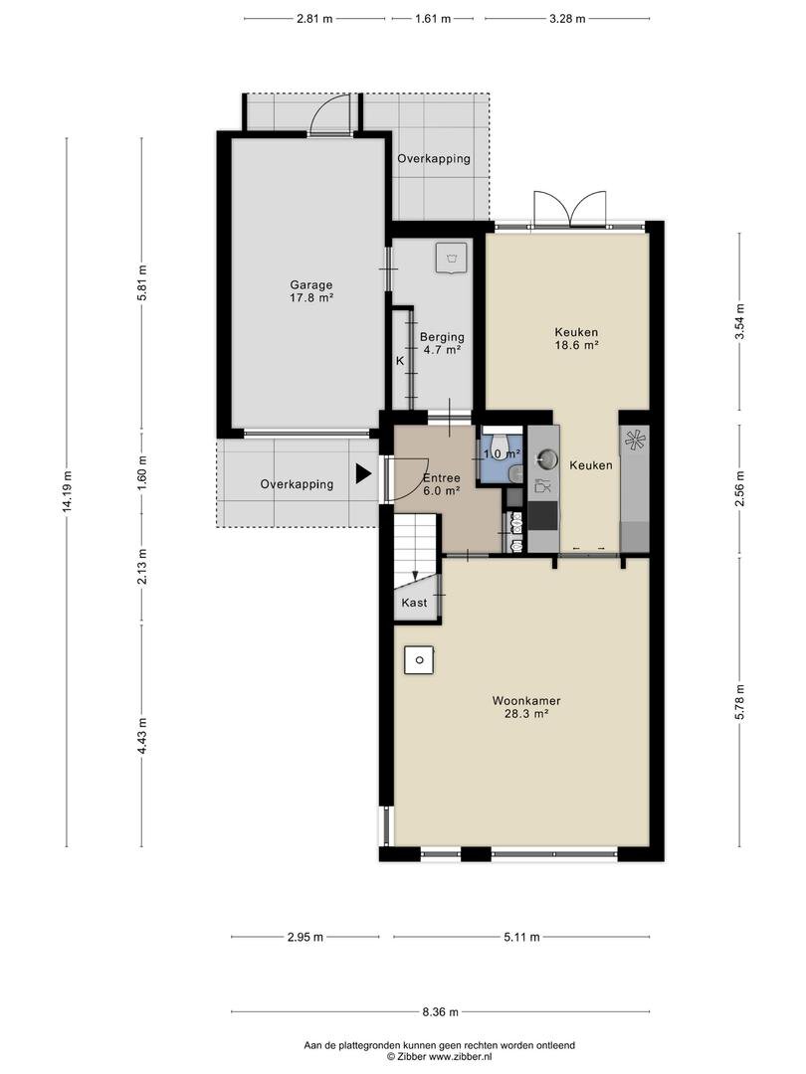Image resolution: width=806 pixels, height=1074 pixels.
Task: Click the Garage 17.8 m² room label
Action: pyautogui.click(x=311, y=291)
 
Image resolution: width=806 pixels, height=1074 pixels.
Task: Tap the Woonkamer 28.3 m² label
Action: pyautogui.click(x=526, y=707)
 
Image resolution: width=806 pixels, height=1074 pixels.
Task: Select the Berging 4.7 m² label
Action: pyautogui.click(x=442, y=343)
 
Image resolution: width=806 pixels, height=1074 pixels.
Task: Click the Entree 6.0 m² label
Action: pyautogui.click(x=442, y=484)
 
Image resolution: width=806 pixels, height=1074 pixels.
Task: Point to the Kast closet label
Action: pyautogui.click(x=414, y=603)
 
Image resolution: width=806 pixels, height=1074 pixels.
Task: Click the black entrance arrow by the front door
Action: pyautogui.click(x=363, y=473)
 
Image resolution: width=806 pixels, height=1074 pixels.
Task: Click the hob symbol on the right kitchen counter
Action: pyautogui.click(x=635, y=440)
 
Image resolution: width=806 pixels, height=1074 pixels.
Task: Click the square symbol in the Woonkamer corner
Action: pyautogui.click(x=418, y=660)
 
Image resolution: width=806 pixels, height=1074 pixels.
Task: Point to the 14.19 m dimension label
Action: pyautogui.click(x=67, y=492)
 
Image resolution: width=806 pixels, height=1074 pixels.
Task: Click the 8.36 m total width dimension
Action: pyautogui.click(x=440, y=1011)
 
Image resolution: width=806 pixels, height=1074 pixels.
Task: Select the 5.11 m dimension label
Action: pyautogui.click(x=521, y=937)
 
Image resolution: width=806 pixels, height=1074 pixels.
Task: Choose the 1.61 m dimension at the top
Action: pyautogui.click(x=433, y=19)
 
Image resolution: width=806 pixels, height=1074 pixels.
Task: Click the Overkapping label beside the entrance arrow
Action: pyautogui.click(x=297, y=484)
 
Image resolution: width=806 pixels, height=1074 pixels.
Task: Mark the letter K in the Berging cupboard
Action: pyautogui.click(x=400, y=360)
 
